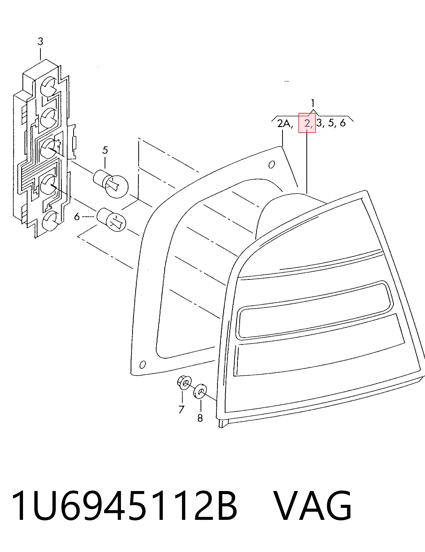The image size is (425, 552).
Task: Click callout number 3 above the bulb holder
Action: [x=40, y=42]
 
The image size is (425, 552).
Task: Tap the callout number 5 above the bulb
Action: [x=105, y=150]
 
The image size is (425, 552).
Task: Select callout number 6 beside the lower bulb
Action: [x=77, y=217]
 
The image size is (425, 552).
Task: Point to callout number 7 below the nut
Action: [x=181, y=409]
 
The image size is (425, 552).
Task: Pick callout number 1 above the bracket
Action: [x=313, y=103]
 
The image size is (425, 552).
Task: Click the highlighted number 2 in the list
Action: [x=307, y=124]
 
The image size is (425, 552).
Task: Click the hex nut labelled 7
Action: [x=183, y=383]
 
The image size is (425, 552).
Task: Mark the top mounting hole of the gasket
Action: [x=272, y=165]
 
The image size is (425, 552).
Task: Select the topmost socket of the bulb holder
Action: [x=49, y=87]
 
